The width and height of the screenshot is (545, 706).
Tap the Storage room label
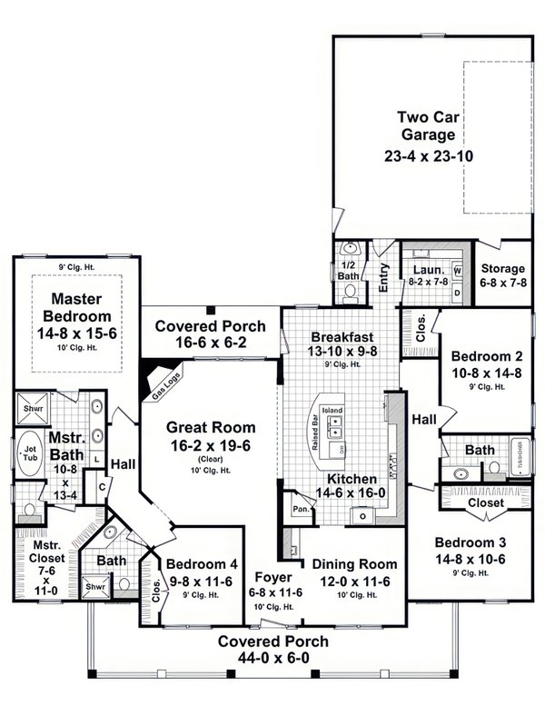click(502, 269)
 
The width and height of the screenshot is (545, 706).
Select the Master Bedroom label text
click(81, 307)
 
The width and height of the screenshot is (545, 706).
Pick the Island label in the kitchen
click(332, 411)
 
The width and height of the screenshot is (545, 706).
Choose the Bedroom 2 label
click(484, 355)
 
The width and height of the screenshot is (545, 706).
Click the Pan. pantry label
click(299, 510)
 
